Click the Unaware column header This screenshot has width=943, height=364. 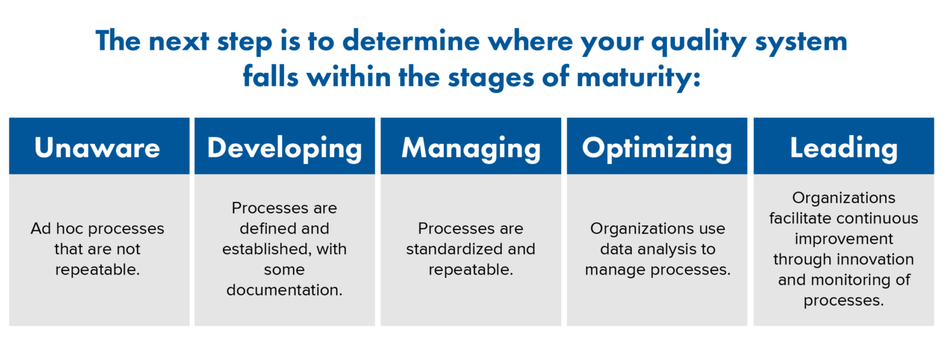[x=98, y=147]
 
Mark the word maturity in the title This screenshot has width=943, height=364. [x=630, y=77]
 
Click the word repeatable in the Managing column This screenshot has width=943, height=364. [x=470, y=270]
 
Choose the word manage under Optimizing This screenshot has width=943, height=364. [x=612, y=270]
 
